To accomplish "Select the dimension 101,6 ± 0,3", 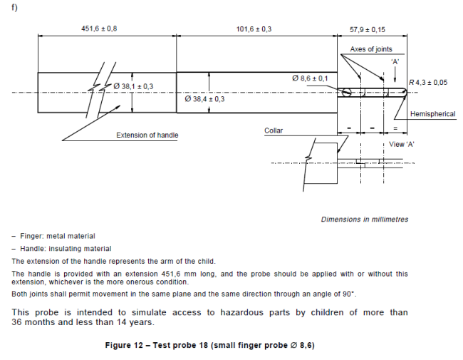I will click(254, 29).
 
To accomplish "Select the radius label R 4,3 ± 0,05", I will click(428, 83).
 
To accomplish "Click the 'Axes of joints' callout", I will click(371, 49).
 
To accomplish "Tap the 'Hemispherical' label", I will click(432, 114).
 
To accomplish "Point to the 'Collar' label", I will click(274, 131).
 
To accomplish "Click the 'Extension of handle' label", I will click(147, 135).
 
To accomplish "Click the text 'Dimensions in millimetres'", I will click(365, 220).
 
